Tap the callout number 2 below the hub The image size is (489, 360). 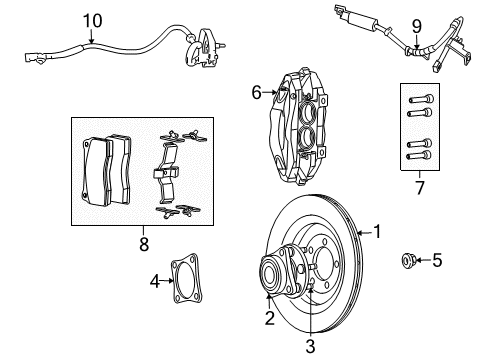click(269, 319)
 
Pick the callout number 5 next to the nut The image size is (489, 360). click(436, 261)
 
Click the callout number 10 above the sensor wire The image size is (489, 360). click(92, 20)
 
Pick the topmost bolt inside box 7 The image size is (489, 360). click(418, 98)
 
